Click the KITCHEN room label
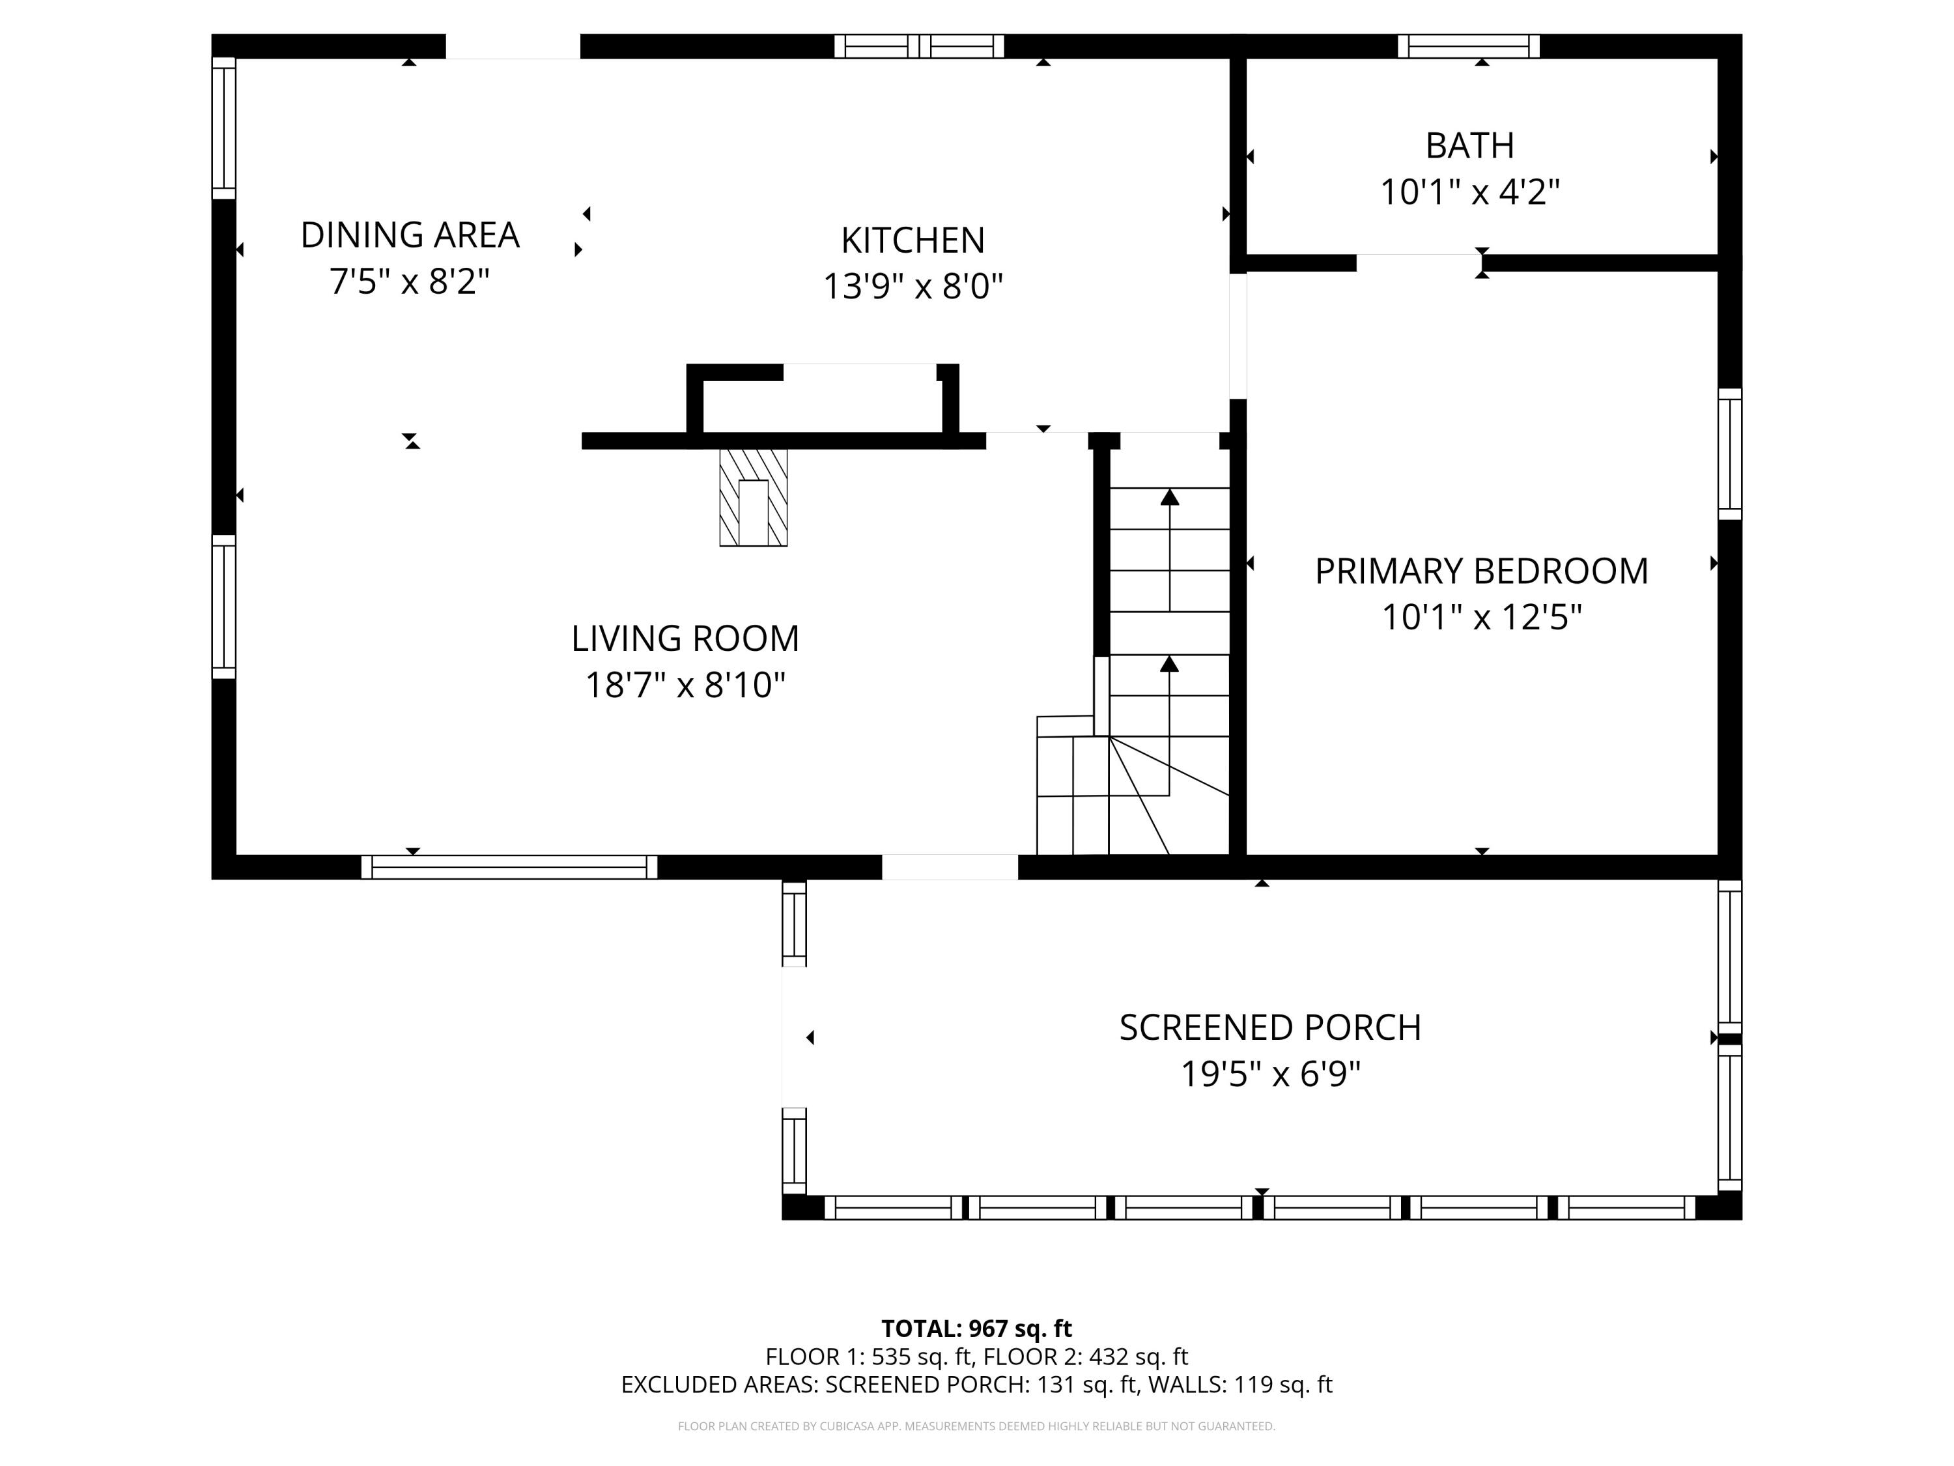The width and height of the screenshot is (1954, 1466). coord(912,240)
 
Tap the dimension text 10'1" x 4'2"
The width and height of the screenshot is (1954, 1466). coord(1470,192)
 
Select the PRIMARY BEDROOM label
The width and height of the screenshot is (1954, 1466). coord(1481,571)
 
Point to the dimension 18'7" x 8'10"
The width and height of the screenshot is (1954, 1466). coord(685,685)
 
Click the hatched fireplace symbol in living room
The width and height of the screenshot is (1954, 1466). coord(753,498)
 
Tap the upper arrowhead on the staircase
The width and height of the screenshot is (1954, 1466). coord(1170,496)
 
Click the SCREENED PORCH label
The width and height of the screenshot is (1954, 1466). coord(1269,1028)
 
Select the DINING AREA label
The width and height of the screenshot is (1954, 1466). coord(410,235)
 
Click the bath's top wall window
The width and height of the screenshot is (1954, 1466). coord(1468,46)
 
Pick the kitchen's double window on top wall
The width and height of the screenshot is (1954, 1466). coord(918,46)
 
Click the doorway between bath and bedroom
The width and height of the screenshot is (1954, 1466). coord(1418,263)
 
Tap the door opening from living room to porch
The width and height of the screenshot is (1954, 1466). coord(950,867)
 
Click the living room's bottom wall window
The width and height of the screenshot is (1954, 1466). coord(509,867)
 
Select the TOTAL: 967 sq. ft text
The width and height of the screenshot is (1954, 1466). coord(976,1328)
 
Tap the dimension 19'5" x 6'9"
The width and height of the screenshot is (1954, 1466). coord(1269,1074)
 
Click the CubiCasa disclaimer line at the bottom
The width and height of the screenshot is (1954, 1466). coord(976,1426)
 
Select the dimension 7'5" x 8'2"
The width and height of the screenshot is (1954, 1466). coord(409,282)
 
